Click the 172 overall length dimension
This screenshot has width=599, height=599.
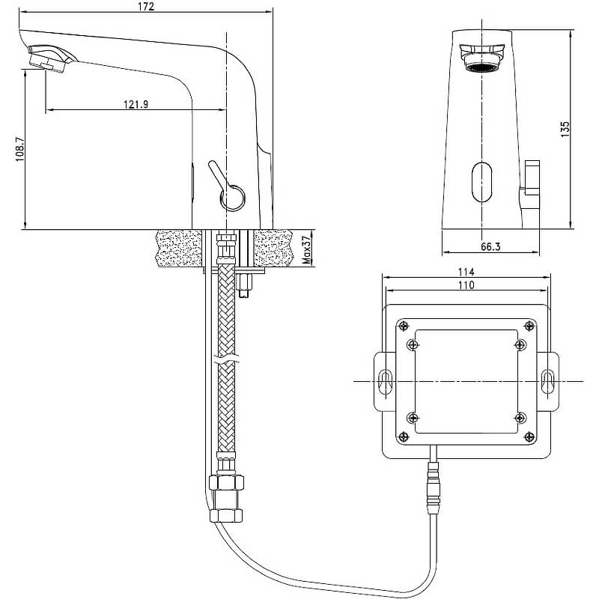[x=147, y=7]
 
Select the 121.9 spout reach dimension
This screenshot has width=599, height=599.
[x=136, y=104]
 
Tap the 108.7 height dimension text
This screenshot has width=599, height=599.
[x=20, y=149]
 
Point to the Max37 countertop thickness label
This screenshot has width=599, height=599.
[x=306, y=250]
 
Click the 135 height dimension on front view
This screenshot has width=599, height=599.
[x=565, y=130]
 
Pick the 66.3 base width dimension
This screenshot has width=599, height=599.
[x=490, y=246]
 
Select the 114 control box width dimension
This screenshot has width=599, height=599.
[x=466, y=272]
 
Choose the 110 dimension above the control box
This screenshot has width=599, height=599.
[x=466, y=285]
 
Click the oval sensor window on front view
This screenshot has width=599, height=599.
[x=481, y=181]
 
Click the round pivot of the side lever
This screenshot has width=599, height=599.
[x=232, y=198]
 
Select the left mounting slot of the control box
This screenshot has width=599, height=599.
[x=385, y=381]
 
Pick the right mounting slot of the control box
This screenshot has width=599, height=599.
[x=548, y=381]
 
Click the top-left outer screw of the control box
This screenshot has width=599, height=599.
[x=404, y=326]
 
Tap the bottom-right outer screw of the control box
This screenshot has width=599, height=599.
[x=529, y=437]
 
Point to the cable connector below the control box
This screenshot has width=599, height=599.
[x=434, y=488]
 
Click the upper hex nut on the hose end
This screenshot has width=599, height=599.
[x=226, y=482]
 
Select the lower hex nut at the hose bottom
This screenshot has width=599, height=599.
[x=226, y=515]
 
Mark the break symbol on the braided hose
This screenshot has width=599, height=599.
[x=226, y=359]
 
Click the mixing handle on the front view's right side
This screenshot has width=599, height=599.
[x=532, y=177]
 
